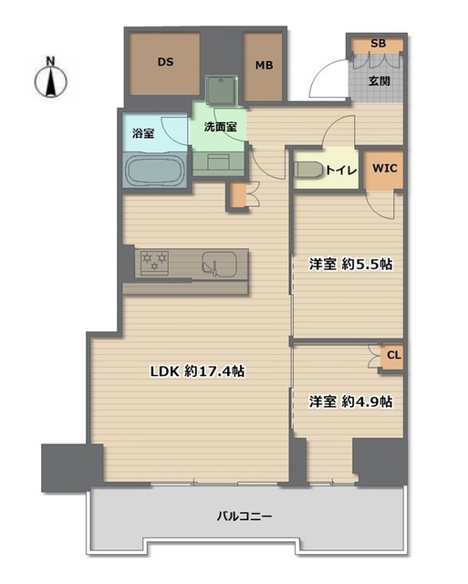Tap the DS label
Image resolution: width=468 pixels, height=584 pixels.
[165, 62]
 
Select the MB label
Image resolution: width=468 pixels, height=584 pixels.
[264, 65]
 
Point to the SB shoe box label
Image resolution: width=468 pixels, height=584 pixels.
[378, 43]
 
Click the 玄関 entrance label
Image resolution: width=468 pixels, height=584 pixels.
[379, 81]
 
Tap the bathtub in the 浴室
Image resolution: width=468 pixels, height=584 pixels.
[154, 171]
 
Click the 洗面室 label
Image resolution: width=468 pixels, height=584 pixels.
[220, 127]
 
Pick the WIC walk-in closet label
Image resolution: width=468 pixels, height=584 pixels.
[385, 168]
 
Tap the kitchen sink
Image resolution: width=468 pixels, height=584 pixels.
[220, 265]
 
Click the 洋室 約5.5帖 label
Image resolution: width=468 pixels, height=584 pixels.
[350, 264]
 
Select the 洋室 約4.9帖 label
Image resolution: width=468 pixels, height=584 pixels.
[350, 401]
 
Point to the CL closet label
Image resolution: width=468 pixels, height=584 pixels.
[393, 355]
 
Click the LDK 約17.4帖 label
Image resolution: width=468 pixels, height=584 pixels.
[197, 371]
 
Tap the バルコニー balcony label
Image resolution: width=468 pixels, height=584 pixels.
[244, 516]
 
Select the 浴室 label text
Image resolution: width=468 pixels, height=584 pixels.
[144, 133]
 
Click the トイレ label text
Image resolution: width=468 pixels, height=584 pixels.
[341, 171]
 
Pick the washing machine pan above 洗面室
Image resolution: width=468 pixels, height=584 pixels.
[222, 89]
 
